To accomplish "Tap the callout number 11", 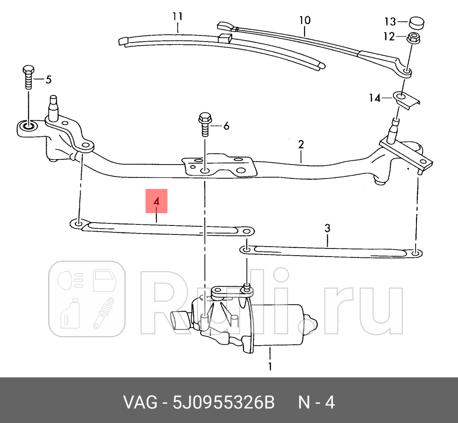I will click(177, 17).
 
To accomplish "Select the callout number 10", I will click(305, 20).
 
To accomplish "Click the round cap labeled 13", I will click(417, 22).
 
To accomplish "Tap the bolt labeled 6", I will click(205, 124).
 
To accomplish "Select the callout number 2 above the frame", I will click(301, 144).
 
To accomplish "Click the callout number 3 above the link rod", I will click(327, 229).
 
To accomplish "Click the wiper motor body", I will click(274, 325).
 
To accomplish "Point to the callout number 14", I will click(374, 98).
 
